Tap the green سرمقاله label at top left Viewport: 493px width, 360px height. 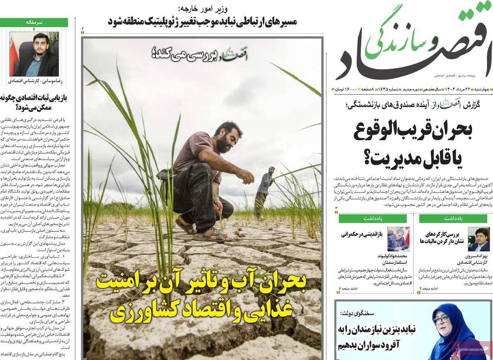39,23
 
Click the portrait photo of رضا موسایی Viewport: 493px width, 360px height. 34,54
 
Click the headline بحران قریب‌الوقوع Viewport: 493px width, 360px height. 412,130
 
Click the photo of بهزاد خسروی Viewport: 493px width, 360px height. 479,239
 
